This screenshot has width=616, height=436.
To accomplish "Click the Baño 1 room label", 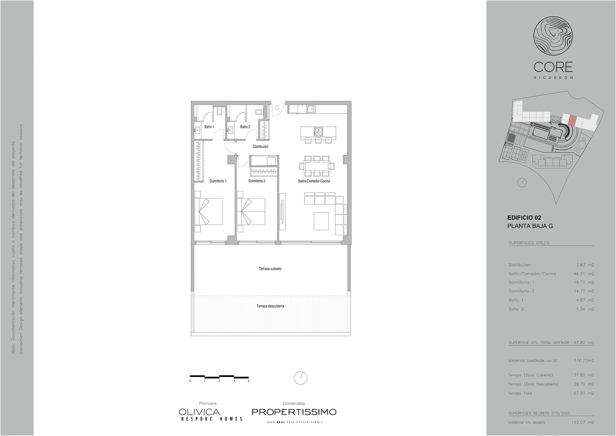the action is point(209,127).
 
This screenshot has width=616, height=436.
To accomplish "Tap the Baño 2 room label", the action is point(245,127).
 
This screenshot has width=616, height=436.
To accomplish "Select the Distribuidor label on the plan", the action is point(261,147).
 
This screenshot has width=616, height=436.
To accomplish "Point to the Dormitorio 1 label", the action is point(218,181).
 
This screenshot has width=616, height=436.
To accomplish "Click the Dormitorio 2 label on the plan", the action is point(257,181).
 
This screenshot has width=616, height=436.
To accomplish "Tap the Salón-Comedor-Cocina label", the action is point(314,181).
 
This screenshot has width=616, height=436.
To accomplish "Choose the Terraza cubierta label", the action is point(270,269).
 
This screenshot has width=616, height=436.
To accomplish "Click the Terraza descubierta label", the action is point(270,306).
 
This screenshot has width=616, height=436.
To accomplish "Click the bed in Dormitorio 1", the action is point(209,211).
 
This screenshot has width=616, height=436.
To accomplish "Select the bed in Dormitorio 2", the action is point(251,211).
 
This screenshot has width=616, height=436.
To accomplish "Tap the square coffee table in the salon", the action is point(321,221).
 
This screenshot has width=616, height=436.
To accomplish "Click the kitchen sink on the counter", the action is point(311,109).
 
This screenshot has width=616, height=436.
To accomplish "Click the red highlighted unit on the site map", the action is point(571,120).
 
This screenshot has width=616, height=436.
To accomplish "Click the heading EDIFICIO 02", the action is point(524,218).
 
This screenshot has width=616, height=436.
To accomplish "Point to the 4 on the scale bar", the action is point(249,381).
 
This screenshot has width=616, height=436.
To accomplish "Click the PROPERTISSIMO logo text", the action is point(294,412).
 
